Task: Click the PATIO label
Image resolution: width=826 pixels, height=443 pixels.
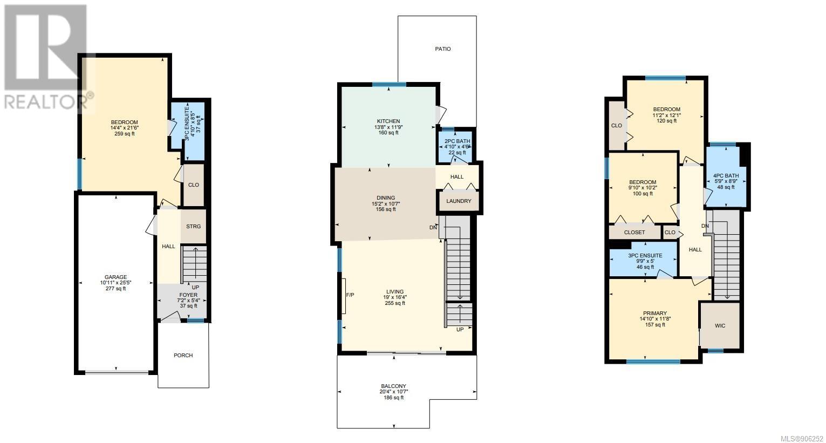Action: pyautogui.click(x=442, y=49)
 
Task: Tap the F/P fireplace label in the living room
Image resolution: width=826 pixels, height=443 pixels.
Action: pyautogui.click(x=350, y=295)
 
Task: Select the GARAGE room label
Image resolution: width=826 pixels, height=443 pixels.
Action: pyautogui.click(x=116, y=277)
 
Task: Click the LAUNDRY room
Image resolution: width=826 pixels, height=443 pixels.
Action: pyautogui.click(x=459, y=201)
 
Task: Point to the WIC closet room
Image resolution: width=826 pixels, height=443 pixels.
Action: pyautogui.click(x=720, y=325)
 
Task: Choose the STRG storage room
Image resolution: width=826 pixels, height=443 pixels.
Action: pyautogui.click(x=193, y=227)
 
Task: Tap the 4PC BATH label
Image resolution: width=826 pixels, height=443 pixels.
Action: pyautogui.click(x=726, y=176)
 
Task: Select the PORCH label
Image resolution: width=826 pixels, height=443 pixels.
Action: pyautogui.click(x=183, y=355)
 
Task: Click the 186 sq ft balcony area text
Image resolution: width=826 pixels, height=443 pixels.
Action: pyautogui.click(x=394, y=398)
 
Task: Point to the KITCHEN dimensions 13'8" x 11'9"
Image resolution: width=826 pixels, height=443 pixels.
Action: pyautogui.click(x=388, y=127)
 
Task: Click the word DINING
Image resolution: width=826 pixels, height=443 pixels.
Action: pyautogui.click(x=386, y=197)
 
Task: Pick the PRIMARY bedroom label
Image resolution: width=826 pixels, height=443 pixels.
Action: pyautogui.click(x=655, y=313)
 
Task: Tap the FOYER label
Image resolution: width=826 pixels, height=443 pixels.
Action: pyautogui.click(x=188, y=295)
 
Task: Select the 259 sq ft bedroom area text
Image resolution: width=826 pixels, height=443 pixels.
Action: pyautogui.click(x=125, y=134)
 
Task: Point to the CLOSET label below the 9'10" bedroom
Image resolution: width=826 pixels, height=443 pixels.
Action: pyautogui.click(x=634, y=233)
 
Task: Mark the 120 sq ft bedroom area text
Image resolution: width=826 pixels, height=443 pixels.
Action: pyautogui.click(x=667, y=121)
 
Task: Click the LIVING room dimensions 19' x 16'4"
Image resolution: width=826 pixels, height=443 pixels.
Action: pyautogui.click(x=395, y=297)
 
